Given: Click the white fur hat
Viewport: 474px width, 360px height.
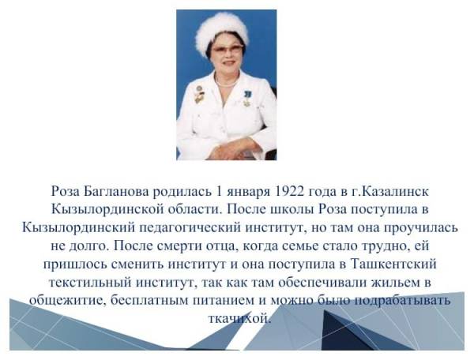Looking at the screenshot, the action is click(222, 32).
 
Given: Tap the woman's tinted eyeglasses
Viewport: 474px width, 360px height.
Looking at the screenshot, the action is click(228, 49).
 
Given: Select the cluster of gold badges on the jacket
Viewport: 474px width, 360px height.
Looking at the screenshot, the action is click(199, 95).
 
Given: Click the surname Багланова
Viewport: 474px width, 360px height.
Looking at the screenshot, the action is click(116, 192).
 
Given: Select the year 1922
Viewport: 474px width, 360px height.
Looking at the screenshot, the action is click(291, 192).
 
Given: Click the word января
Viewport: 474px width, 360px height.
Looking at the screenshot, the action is click(249, 193).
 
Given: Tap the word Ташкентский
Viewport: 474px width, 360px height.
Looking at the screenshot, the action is click(393, 264).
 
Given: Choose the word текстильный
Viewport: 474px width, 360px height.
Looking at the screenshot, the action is click(89, 283).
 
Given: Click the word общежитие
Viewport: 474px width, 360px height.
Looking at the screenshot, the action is click(67, 301).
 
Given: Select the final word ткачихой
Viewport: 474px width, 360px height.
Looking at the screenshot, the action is click(239, 319).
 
